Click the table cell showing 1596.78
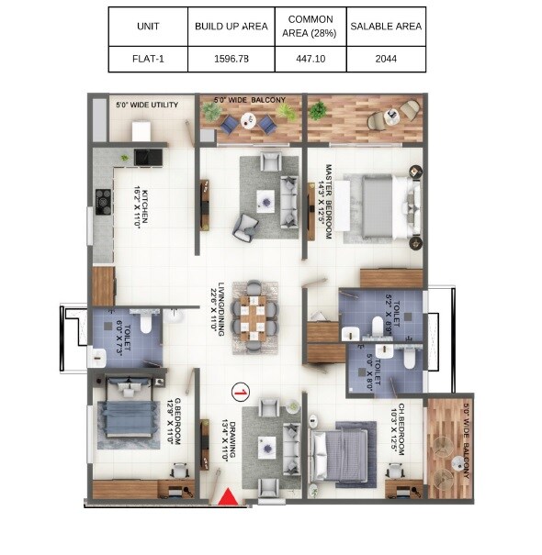(x=231, y=59)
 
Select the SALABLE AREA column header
(x=387, y=27)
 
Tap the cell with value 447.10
(x=310, y=59)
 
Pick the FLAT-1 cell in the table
(x=147, y=59)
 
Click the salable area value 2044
(x=387, y=59)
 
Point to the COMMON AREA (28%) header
(x=310, y=27)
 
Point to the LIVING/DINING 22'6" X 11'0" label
(x=217, y=310)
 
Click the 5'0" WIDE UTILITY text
(x=145, y=104)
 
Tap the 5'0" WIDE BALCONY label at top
(x=250, y=99)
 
